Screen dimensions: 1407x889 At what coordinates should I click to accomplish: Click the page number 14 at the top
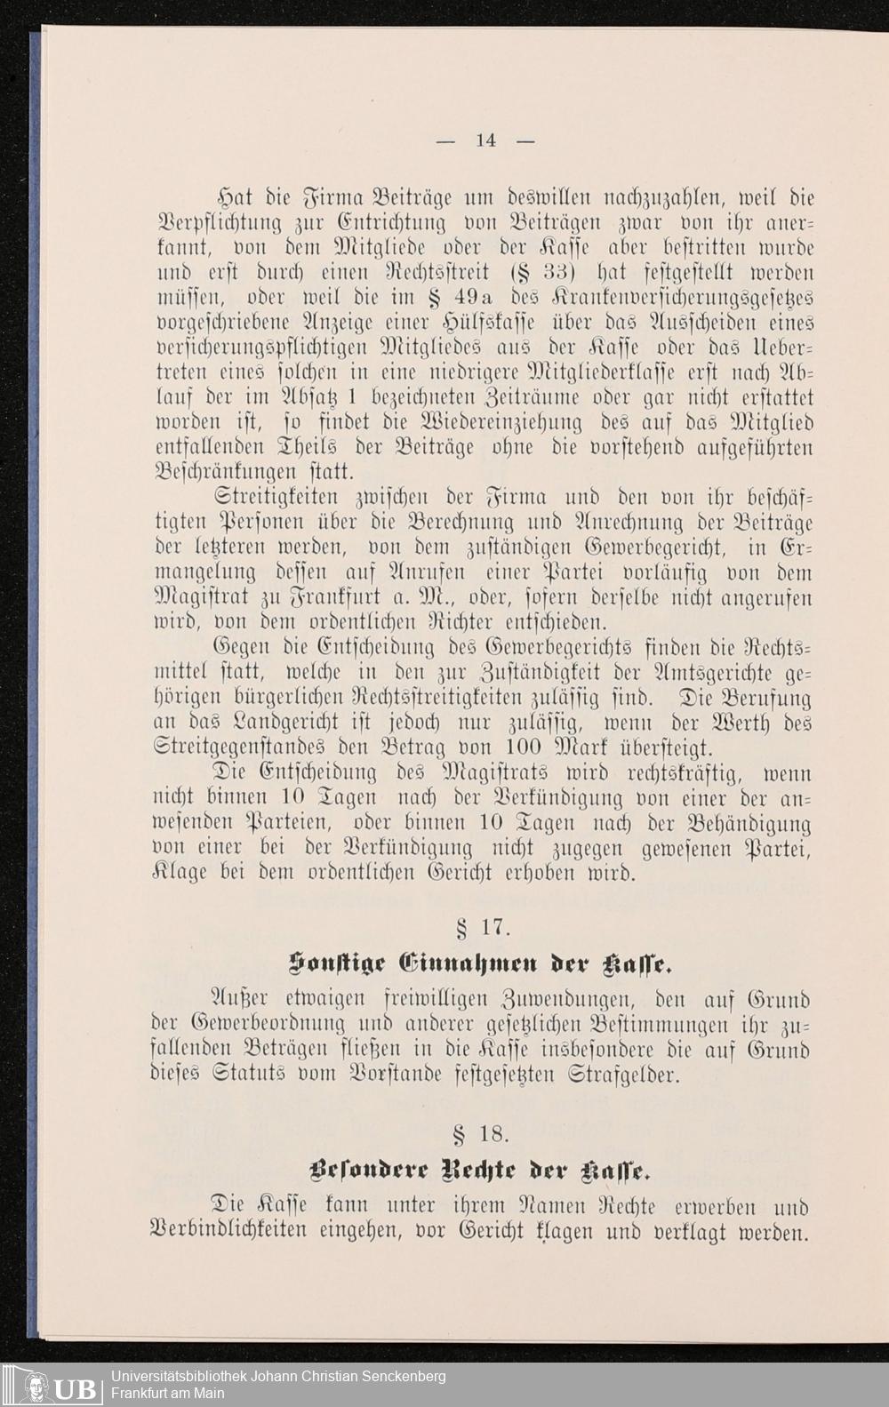coord(485,140)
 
